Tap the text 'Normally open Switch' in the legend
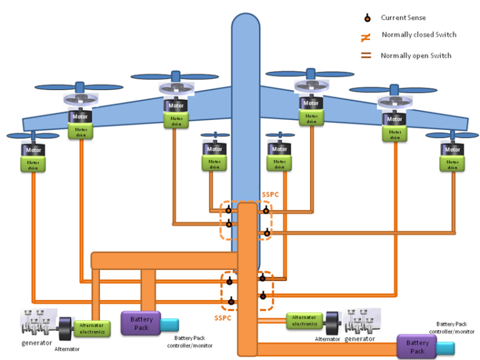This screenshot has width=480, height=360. (416, 56)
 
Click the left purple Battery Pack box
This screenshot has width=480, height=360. (141, 324)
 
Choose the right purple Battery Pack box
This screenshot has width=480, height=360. (417, 346)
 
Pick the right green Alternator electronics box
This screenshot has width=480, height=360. (304, 321)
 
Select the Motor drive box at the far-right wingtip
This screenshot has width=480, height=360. (451, 164)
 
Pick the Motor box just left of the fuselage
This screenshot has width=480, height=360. (214, 149)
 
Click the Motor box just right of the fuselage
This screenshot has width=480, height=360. (279, 149)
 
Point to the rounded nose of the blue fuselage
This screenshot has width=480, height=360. (245, 25)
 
